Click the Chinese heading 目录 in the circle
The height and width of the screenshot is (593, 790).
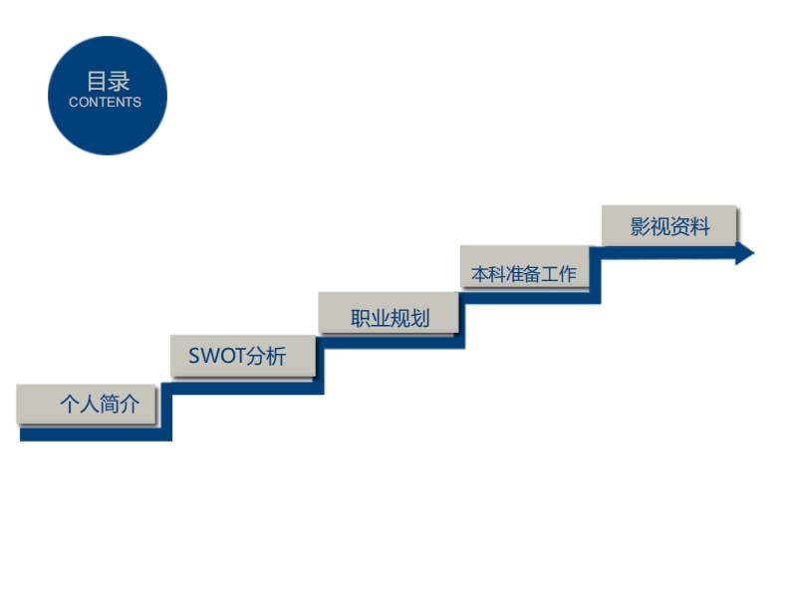click(x=108, y=82)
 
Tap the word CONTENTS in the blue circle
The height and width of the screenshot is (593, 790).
click(x=106, y=103)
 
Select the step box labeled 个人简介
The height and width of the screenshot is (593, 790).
click(x=87, y=404)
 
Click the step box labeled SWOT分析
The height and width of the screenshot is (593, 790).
click(x=243, y=356)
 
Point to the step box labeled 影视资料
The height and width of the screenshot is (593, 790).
click(x=669, y=225)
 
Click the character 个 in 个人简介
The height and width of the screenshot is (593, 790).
click(x=70, y=405)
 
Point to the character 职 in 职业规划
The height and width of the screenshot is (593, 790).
click(x=361, y=319)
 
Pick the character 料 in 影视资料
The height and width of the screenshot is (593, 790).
click(x=700, y=226)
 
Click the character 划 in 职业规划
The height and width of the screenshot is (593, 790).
click(x=420, y=319)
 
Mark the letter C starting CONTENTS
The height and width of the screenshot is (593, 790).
click(x=74, y=103)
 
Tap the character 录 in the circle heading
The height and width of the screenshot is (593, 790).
click(x=120, y=82)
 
